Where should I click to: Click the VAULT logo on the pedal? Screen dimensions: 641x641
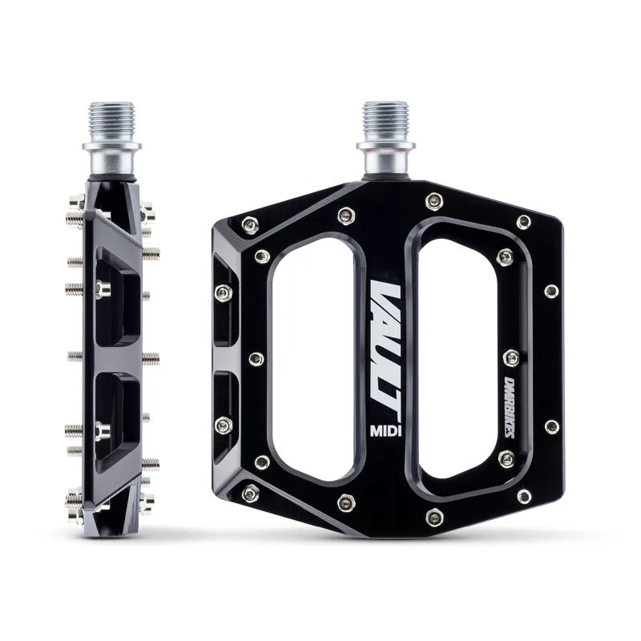tap(389, 336)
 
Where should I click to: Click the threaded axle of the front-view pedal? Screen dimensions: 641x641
tap(387, 123)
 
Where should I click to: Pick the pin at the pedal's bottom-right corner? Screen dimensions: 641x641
tap(523, 497)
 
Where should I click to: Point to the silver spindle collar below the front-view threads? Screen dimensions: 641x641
tap(388, 160)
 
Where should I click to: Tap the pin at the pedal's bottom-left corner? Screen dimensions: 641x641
tap(251, 489)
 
